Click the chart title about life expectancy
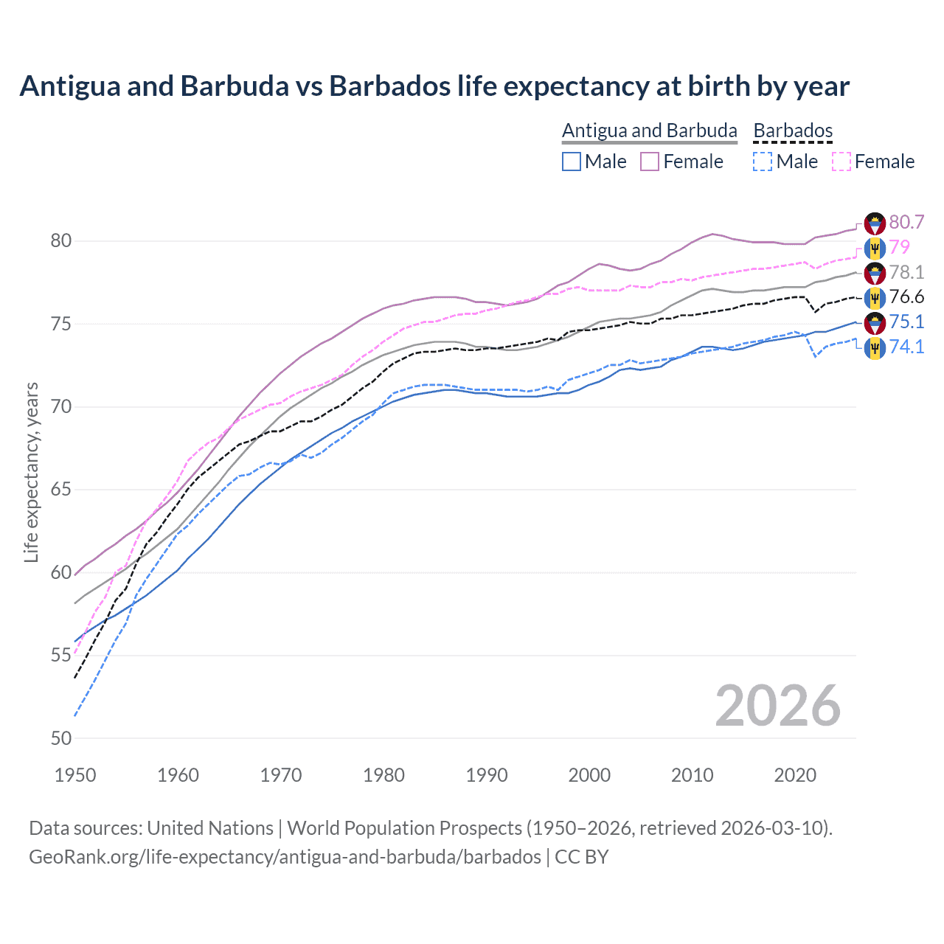click(434, 86)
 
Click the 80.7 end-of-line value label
click(906, 223)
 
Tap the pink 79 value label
click(899, 247)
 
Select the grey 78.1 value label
click(906, 272)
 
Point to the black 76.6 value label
click(906, 297)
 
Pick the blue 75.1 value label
click(906, 322)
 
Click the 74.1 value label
click(906, 347)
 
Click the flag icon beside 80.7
click(875, 223)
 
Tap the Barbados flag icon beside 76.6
click(875, 298)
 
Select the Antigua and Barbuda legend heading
click(649, 131)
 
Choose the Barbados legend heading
click(793, 131)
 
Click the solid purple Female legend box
click(650, 162)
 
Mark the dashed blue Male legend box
click(763, 162)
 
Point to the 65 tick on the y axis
click(61, 490)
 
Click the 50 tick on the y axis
click(61, 738)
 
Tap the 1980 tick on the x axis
click(383, 775)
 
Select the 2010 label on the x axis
click(692, 775)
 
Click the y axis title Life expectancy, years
click(32, 472)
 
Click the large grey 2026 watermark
click(777, 706)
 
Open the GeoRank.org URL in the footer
click(285, 857)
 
